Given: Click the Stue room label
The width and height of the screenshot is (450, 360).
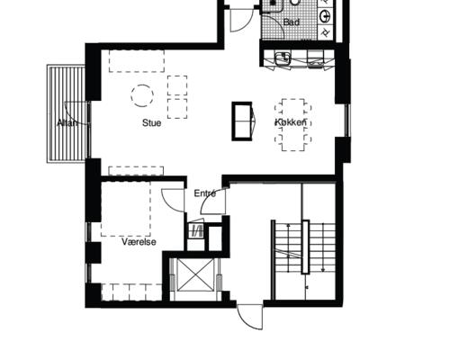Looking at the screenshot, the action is pos(151,123).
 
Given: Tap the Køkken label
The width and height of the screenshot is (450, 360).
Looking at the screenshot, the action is pos(291,122).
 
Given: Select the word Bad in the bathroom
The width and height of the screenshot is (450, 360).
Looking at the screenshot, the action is pos(292,22).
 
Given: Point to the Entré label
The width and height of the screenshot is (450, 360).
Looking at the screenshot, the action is pos(205,193).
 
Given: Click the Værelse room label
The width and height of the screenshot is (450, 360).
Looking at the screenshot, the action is pos(139,242).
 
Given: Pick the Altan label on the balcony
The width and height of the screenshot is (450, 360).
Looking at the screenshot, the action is pos(67,123).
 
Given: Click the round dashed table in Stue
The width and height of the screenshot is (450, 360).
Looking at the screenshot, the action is pos(142,95).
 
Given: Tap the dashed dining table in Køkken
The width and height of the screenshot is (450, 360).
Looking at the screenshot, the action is pos(293,125).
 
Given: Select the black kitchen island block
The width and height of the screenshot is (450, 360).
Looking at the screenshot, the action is pos(242,121).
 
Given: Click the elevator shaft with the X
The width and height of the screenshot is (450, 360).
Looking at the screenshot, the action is pos(195,275).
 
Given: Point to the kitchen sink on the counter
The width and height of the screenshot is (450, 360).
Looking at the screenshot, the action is pos(283,58).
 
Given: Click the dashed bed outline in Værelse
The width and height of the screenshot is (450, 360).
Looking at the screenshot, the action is pos(126,209).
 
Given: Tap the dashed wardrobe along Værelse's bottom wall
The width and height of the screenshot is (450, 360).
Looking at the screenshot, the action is pos(131,292).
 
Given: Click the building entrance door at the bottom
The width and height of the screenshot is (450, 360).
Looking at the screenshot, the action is pos(250,318).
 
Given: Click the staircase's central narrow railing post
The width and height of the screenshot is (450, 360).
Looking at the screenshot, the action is pos(305,247).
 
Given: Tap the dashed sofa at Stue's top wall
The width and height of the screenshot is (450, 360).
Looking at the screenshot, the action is pos(137,61).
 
